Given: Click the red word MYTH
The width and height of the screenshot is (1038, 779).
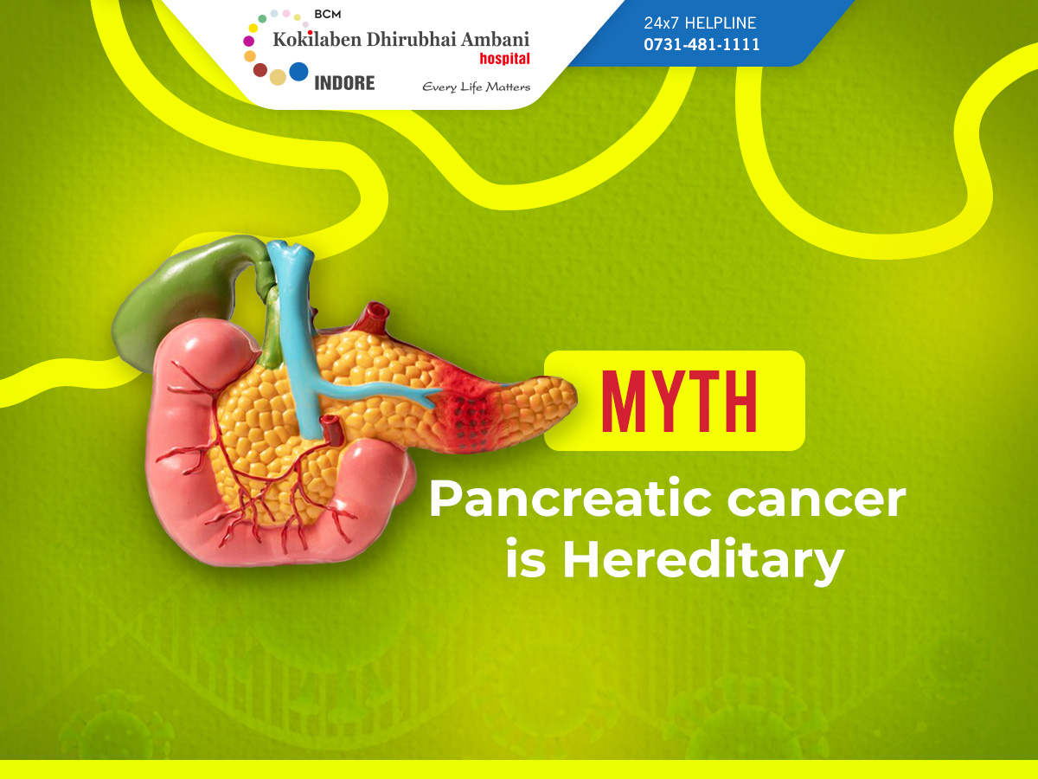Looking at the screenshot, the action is pyautogui.click(x=679, y=401).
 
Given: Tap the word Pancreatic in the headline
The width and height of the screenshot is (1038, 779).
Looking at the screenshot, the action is pyautogui.click(x=570, y=499).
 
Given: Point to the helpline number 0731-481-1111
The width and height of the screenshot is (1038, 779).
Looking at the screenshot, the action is pyautogui.click(x=702, y=44).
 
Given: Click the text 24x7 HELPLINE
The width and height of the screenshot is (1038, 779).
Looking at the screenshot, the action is pyautogui.click(x=700, y=23).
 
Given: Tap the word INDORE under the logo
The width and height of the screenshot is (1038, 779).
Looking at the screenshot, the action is pyautogui.click(x=344, y=83).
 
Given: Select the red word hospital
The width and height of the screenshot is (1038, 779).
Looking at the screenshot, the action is pyautogui.click(x=504, y=59).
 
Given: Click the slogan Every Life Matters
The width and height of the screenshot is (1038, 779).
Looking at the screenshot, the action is pyautogui.click(x=477, y=87).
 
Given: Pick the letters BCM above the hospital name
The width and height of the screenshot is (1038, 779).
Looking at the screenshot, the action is pyautogui.click(x=327, y=14).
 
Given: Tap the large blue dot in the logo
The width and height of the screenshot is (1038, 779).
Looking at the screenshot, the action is pyautogui.click(x=298, y=72).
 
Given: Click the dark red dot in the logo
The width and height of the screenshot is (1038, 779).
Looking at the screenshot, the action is pyautogui.click(x=260, y=70).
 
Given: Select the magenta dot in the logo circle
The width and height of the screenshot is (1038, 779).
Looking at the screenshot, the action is pyautogui.click(x=249, y=42).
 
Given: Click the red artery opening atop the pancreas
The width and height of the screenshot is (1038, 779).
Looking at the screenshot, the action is pyautogui.click(x=376, y=312).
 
